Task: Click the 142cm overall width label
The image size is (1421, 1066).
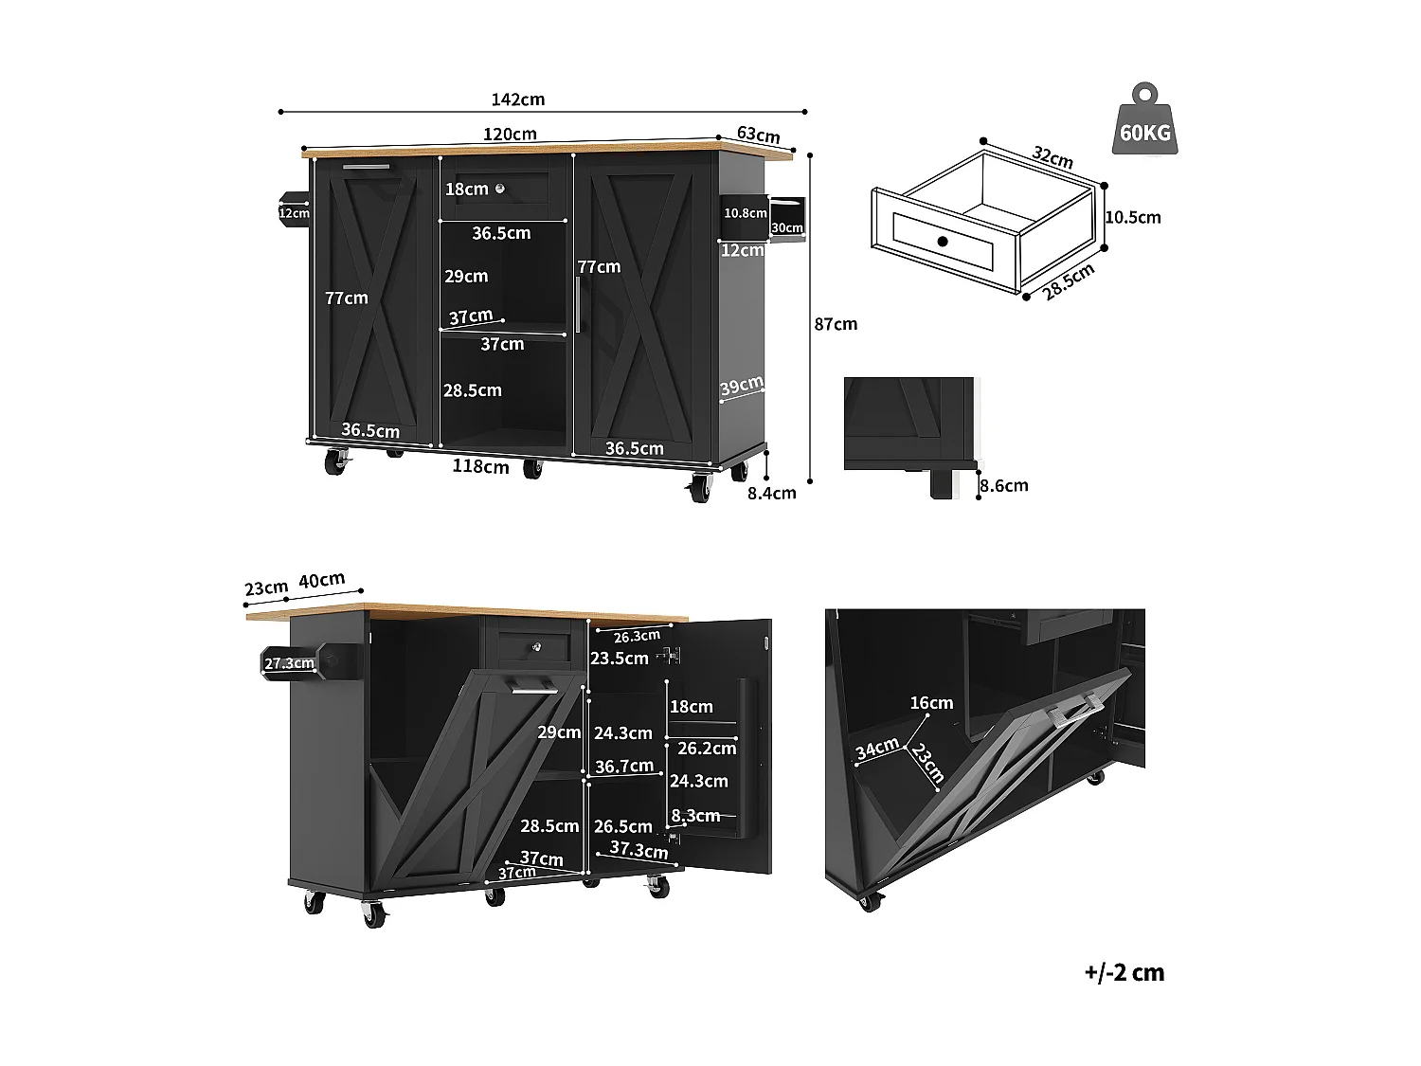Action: (x=518, y=99)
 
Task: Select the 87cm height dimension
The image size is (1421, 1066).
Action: (x=836, y=324)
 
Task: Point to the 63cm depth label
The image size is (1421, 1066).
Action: (x=758, y=135)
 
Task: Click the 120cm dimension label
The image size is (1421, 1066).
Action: (x=510, y=134)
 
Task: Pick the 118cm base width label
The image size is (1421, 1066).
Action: (x=480, y=466)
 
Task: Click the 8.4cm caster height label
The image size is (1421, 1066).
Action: (x=771, y=493)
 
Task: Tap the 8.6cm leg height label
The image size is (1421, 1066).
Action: (x=1003, y=485)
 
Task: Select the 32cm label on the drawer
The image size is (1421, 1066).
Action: (x=1052, y=157)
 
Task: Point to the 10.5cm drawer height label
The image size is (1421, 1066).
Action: (x=1132, y=217)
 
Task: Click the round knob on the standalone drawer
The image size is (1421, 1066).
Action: (x=943, y=242)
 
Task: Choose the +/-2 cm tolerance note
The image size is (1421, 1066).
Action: (x=1124, y=972)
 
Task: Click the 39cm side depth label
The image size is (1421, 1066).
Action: (x=742, y=388)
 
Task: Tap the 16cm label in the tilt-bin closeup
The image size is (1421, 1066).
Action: (x=930, y=702)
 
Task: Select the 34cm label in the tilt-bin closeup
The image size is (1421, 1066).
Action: (x=876, y=749)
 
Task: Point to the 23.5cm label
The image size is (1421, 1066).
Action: (x=619, y=659)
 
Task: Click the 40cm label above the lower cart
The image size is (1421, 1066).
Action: (x=322, y=580)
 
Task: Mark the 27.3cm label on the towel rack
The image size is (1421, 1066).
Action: (x=288, y=663)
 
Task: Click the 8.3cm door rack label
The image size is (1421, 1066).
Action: (x=695, y=816)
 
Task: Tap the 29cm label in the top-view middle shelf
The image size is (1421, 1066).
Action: (x=466, y=277)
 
